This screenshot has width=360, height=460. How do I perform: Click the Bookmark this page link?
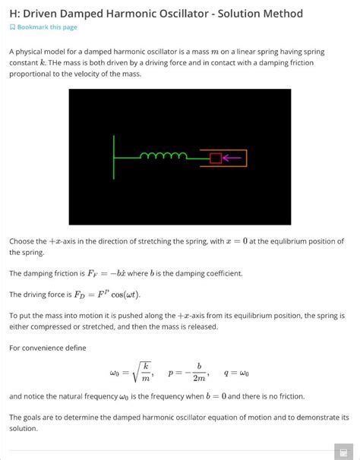point(47,27)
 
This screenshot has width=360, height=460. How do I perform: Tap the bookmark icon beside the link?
point(12,27)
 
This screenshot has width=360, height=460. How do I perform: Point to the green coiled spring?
point(163,156)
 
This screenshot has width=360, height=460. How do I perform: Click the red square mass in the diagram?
point(215,158)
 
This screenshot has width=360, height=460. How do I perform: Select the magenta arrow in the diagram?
point(232,158)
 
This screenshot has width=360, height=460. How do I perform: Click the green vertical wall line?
point(114,157)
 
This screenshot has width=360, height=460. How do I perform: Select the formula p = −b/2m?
point(186,373)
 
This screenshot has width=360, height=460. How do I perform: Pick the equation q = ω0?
point(237,373)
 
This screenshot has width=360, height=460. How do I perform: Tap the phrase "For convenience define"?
point(47,348)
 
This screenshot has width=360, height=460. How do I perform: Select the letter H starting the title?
point(14,14)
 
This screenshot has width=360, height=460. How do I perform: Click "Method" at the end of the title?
point(282,14)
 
